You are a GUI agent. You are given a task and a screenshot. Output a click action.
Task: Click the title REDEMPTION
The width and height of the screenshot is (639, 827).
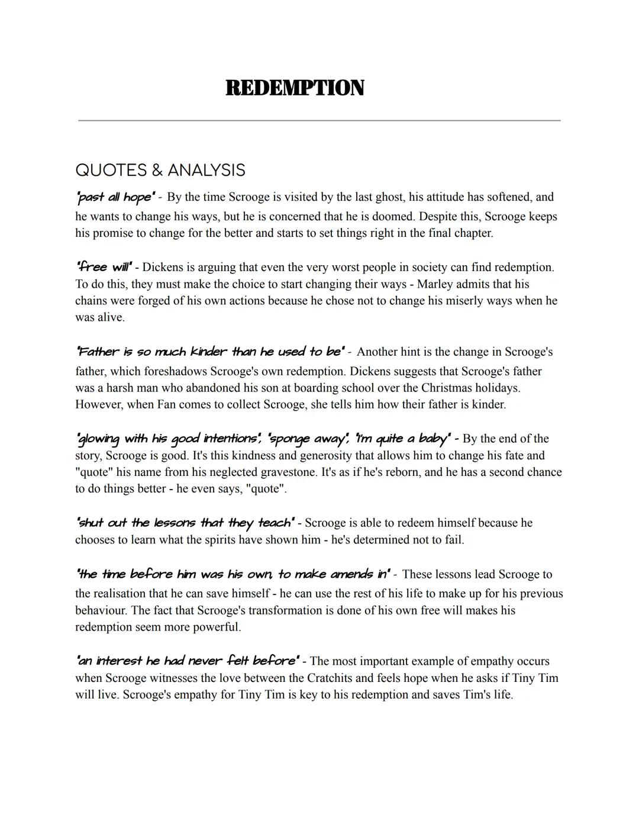click(295, 88)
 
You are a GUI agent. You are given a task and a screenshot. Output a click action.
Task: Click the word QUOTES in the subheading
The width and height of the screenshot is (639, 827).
click(111, 170)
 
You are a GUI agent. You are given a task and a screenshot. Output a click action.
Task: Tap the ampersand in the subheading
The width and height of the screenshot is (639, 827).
click(157, 170)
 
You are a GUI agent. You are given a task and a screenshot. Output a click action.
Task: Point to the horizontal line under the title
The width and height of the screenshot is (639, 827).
click(319, 120)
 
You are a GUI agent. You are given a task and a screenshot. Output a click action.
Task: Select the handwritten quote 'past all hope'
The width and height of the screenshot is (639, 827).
click(115, 197)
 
